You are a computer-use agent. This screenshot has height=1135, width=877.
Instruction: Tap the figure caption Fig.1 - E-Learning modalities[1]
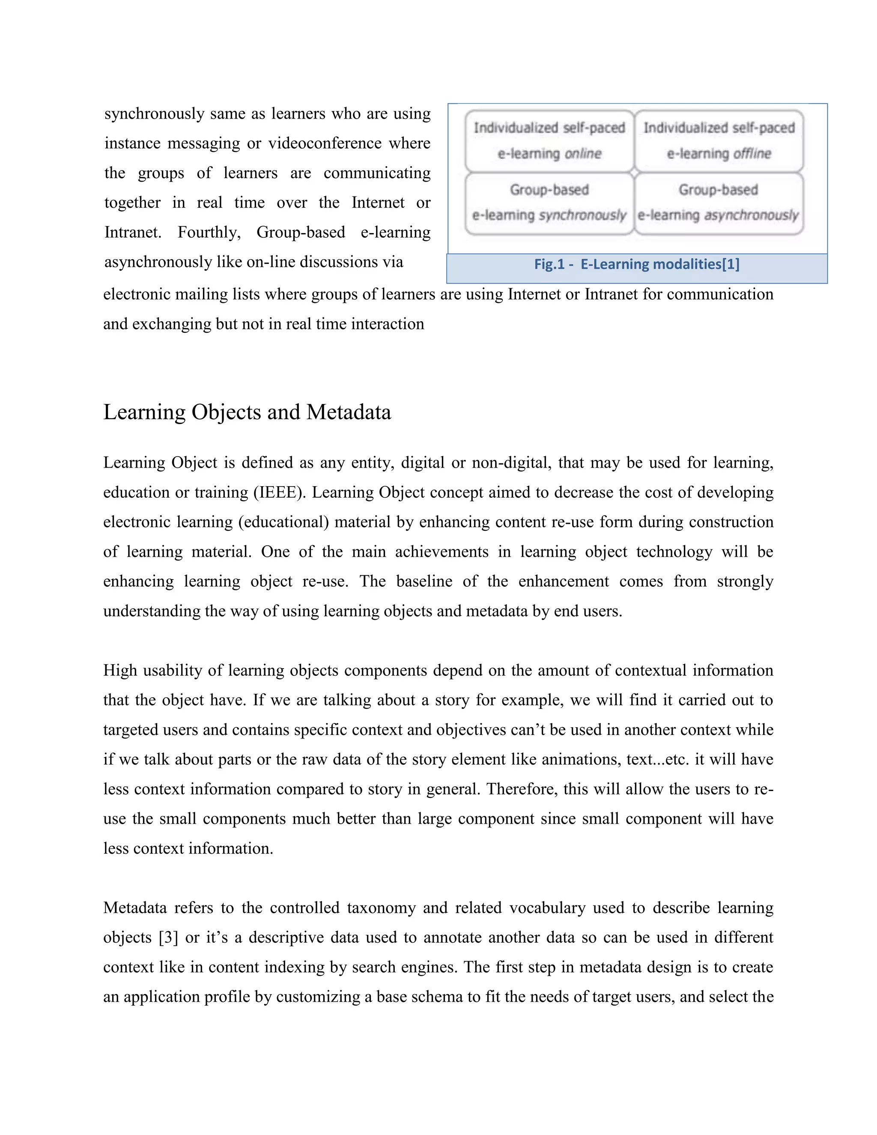[x=636, y=265]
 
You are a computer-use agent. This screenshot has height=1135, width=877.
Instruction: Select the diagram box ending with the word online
[x=549, y=141]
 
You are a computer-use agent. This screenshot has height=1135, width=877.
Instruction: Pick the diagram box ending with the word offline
[x=719, y=141]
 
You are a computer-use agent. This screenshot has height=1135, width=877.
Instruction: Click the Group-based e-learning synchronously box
[x=549, y=203]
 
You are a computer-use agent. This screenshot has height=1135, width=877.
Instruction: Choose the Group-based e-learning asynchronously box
[x=719, y=203]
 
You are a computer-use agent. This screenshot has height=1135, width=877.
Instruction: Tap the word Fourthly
[x=209, y=232]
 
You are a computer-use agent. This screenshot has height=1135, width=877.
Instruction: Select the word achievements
[x=441, y=551]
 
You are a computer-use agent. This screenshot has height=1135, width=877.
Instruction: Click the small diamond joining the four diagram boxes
[x=634, y=172]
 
